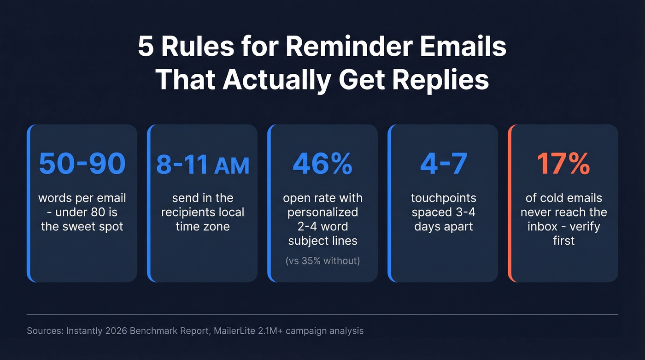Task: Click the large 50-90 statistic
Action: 82,164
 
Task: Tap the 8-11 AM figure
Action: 203,165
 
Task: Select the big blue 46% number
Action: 322,164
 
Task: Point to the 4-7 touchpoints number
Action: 443,164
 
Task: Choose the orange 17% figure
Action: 563,164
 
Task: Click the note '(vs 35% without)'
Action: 322,261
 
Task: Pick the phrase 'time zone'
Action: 203,226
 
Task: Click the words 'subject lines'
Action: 322,241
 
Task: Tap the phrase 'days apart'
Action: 443,226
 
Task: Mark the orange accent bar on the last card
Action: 510,203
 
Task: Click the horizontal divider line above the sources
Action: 322,314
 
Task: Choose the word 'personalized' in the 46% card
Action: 322,212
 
